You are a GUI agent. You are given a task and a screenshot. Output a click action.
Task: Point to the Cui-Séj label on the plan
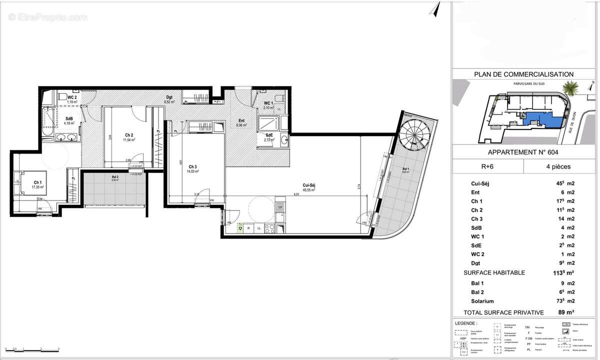pyautogui.click(x=308, y=185)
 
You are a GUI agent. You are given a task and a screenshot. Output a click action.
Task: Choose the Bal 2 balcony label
pyautogui.click(x=115, y=177)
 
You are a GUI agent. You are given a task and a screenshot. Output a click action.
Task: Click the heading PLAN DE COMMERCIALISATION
pyautogui.click(x=523, y=74)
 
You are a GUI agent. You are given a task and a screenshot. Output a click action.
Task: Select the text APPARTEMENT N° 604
pyautogui.click(x=523, y=152)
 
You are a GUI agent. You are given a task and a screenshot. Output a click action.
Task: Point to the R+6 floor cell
pyautogui.click(x=487, y=166)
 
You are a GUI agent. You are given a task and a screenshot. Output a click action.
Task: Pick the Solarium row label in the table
pyautogui.click(x=482, y=301)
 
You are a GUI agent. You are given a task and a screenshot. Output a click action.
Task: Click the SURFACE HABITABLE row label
pyautogui.click(x=494, y=272)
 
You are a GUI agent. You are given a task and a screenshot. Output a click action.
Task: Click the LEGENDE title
pyautogui.click(x=466, y=323)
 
